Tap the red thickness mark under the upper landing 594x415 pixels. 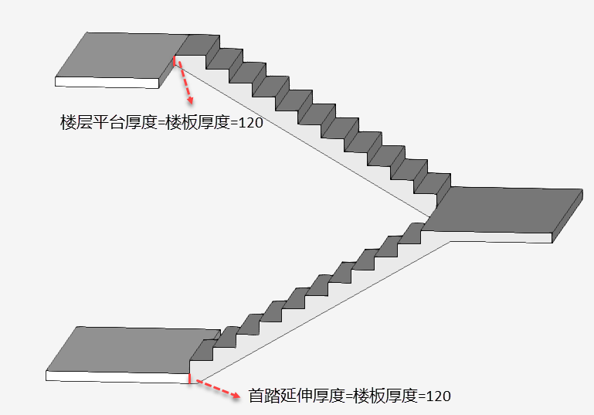pos(175,61)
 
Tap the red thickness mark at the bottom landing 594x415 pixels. pos(189,378)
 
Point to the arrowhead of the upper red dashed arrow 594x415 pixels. pos(190,100)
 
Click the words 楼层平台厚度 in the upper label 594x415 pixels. pos(108,122)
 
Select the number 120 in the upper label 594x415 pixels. pos(250,122)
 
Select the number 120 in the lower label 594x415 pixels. pos(438,396)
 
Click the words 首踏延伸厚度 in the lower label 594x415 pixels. pos(297,396)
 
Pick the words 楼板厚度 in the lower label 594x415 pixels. pos(385,396)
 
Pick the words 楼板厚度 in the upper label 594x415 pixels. pos(198,122)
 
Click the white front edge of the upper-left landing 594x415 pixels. pos(107,83)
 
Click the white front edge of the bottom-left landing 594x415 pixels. pos(117,376)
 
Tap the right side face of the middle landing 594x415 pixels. pos(568,216)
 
